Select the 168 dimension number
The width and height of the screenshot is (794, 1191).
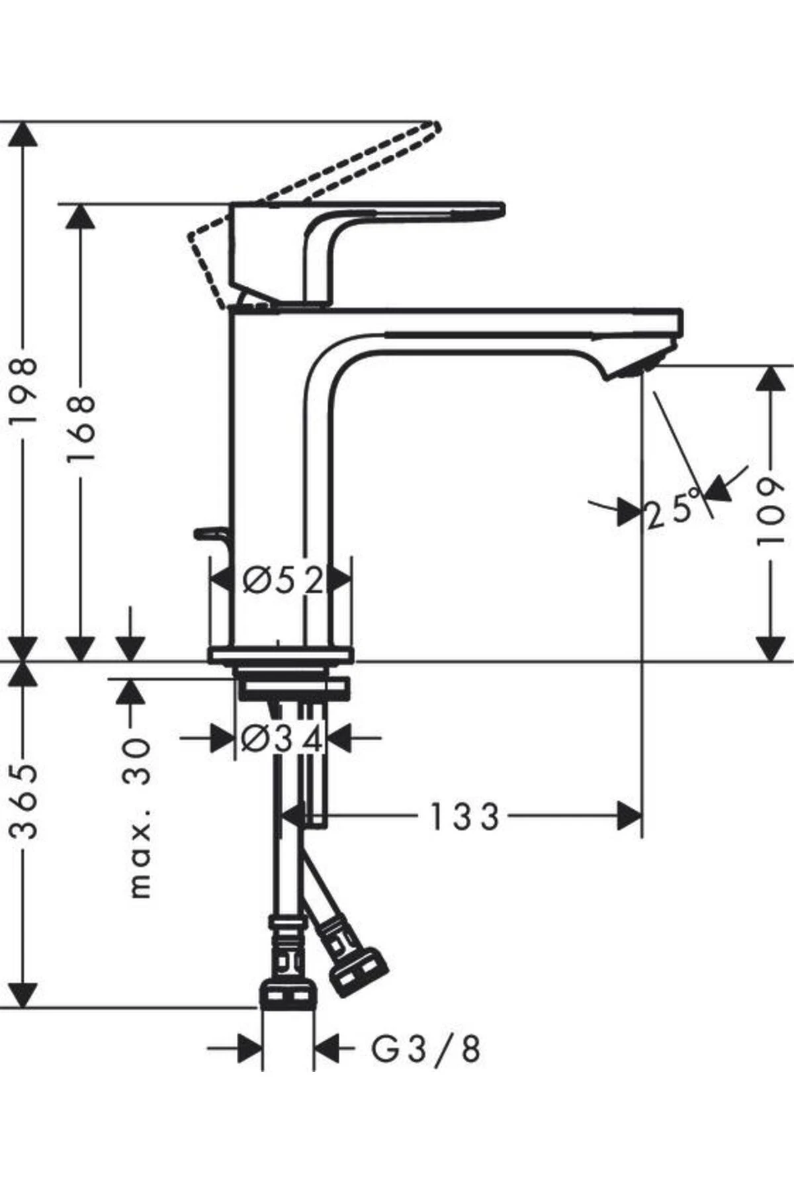(81, 429)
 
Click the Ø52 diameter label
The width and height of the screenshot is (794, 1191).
(283, 581)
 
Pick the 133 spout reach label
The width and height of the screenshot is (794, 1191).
(464, 817)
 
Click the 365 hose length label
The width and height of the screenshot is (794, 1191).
(25, 802)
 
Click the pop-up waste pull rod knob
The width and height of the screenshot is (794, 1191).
(206, 532)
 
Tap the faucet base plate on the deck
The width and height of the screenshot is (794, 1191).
(281, 655)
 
